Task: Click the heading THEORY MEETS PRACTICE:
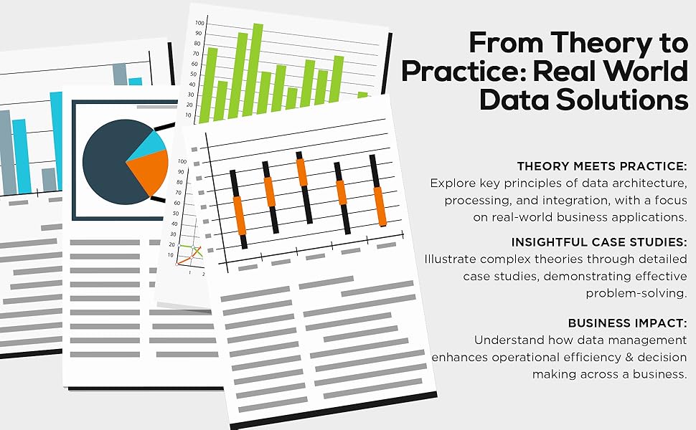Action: point(602,166)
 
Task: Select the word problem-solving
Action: point(636,292)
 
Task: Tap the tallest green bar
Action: point(258,68)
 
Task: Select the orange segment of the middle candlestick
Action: point(302,172)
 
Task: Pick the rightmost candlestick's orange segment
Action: point(380,205)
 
